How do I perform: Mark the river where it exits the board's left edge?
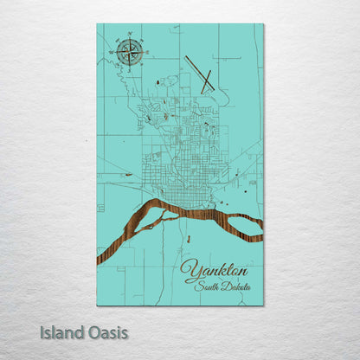tap(100, 257)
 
